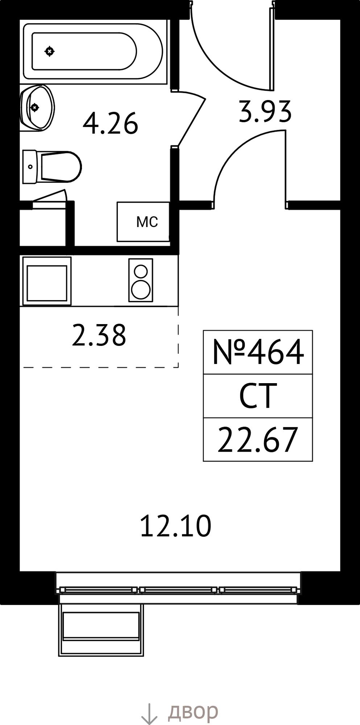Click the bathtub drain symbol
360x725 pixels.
coord(50,51)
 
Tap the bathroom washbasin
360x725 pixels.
coord(37,108)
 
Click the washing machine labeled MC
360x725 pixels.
coord(143,221)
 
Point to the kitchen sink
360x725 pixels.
coord(47,281)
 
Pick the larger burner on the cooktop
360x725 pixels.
coord(141,290)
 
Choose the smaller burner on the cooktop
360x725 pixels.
coord(141,271)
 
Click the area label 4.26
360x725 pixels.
coord(111,124)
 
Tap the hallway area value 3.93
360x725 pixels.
coord(265,111)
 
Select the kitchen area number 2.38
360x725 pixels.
coord(99,335)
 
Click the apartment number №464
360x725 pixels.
coord(258,352)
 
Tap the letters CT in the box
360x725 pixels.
coord(258,396)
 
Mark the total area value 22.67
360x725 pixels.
coord(258,440)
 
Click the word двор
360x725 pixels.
coord(193,712)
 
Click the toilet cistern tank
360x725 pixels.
coord(30,167)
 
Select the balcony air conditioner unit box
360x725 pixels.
coord(101,630)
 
